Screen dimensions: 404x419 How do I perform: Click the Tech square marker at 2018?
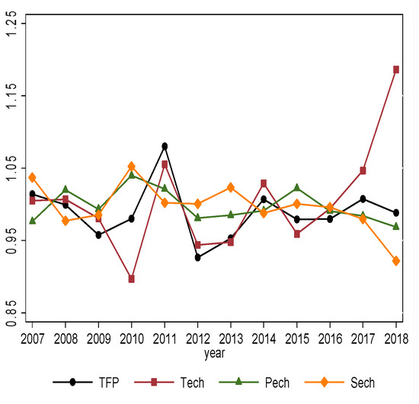coord(396,69)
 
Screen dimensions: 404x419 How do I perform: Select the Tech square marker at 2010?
coord(131,279)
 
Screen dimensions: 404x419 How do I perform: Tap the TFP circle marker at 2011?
coord(165,146)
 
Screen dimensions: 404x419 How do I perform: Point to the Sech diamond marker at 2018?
coord(396,261)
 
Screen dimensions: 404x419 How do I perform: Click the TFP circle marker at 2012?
coord(197,258)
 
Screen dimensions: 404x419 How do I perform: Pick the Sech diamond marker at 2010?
coord(131,166)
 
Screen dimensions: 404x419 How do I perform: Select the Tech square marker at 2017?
coord(363,170)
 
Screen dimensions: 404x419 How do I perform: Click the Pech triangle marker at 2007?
coord(32,221)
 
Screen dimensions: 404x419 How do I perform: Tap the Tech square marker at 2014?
coord(264,183)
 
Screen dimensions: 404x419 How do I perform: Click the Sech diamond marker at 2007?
coord(32,177)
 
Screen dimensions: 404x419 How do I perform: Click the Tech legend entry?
coord(178,383)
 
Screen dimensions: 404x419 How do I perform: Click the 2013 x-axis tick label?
coord(230,338)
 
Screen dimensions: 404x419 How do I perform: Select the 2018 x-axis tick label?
coord(395,338)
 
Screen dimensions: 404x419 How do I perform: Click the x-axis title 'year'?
coord(215,352)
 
